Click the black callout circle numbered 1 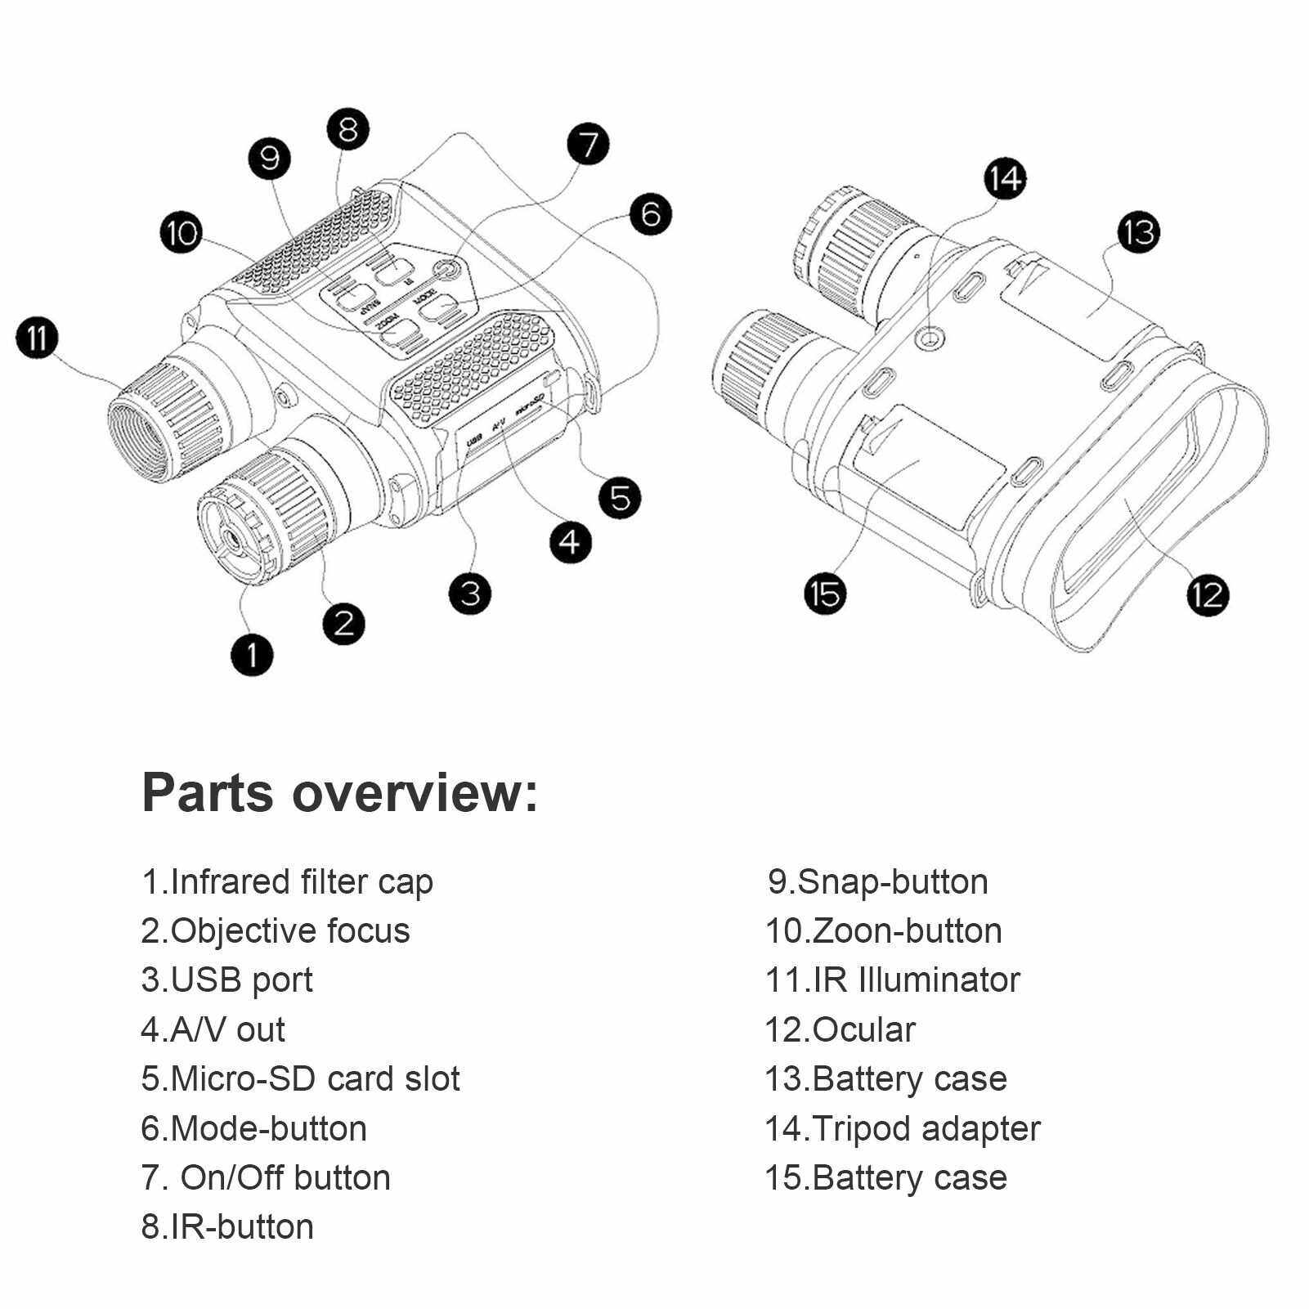pyautogui.click(x=252, y=654)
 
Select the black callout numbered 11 pyautogui.click(x=38, y=338)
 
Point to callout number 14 pyautogui.click(x=1005, y=177)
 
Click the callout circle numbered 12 pyautogui.click(x=1208, y=594)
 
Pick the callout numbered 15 pyautogui.click(x=826, y=593)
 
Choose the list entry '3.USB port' pyautogui.click(x=227, y=980)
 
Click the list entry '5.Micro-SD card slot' pyautogui.click(x=300, y=1078)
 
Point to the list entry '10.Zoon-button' pyautogui.click(x=883, y=930)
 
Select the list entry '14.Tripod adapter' pyautogui.click(x=902, y=1128)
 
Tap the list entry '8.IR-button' pyautogui.click(x=227, y=1226)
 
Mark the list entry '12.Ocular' pyautogui.click(x=840, y=1029)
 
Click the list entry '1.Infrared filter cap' pyautogui.click(x=287, y=881)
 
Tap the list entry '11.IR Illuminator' pyautogui.click(x=892, y=980)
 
